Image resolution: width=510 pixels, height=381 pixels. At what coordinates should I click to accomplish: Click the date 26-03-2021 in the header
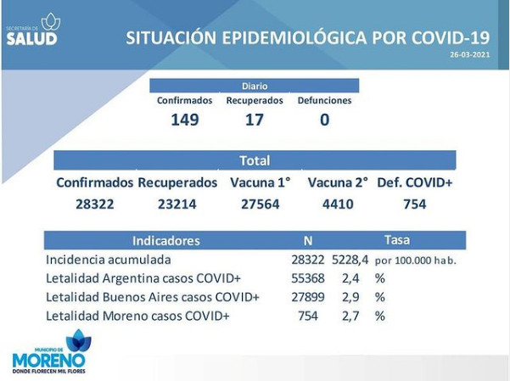469,54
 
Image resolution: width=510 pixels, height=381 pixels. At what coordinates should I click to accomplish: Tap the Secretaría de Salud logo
33,30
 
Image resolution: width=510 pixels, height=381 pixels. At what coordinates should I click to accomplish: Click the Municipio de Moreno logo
49,351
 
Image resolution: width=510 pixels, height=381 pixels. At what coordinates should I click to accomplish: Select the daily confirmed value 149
185,120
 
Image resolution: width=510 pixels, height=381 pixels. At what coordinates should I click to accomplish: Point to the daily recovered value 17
255,120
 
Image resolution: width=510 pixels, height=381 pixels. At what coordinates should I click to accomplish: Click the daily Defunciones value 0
325,120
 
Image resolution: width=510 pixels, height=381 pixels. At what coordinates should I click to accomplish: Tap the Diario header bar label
255,87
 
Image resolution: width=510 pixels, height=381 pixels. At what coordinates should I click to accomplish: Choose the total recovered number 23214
177,205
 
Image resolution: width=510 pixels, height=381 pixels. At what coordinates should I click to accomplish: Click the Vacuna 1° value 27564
261,205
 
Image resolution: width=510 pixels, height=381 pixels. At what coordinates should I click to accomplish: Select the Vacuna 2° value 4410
338,205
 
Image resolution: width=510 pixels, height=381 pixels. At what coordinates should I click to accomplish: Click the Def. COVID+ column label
415,182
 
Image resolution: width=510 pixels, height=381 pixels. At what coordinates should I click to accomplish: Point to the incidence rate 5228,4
350,260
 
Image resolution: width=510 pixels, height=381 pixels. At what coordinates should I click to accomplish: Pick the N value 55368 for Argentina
308,278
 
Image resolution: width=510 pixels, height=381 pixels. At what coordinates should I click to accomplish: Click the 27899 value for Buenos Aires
308,297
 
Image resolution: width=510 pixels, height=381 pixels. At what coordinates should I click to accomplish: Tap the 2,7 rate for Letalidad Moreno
350,316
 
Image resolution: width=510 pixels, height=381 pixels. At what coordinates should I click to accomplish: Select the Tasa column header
397,240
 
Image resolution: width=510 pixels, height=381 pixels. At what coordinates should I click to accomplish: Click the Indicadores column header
166,241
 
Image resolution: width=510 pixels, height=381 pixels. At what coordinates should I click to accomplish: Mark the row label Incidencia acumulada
109,260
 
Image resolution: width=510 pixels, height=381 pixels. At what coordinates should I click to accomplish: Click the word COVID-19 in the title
451,37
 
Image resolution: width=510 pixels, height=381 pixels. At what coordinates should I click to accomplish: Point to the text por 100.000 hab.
416,261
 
